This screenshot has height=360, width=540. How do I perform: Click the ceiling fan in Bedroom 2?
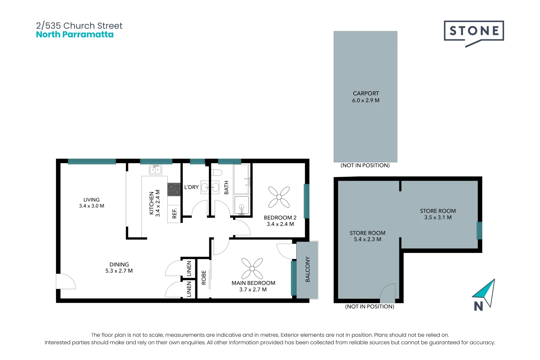[x=279, y=197]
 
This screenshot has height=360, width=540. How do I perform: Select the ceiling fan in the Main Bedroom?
[x=252, y=268]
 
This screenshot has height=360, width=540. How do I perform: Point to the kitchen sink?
[x=155, y=170]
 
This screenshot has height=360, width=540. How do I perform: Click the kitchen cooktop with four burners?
[x=174, y=189]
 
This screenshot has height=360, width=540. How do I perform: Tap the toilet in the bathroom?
[x=216, y=173]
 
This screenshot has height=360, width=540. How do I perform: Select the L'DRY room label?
[x=191, y=187]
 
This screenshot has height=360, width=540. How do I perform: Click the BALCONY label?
[x=308, y=269]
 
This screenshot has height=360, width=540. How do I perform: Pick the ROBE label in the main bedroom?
[x=204, y=278]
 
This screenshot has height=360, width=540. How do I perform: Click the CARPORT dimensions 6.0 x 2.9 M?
[x=366, y=100]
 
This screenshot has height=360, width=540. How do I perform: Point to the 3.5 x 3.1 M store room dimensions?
[x=438, y=217]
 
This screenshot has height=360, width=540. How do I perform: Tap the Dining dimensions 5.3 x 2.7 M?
[x=119, y=271]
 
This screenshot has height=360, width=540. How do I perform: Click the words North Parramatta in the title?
[x=75, y=34]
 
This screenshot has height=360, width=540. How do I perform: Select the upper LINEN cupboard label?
[x=189, y=268]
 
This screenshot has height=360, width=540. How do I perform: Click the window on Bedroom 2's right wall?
[x=306, y=201]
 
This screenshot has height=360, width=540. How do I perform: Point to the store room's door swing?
[x=387, y=293]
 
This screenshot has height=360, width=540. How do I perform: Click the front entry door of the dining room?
[x=66, y=281]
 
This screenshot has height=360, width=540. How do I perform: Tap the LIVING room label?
[x=91, y=200]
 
